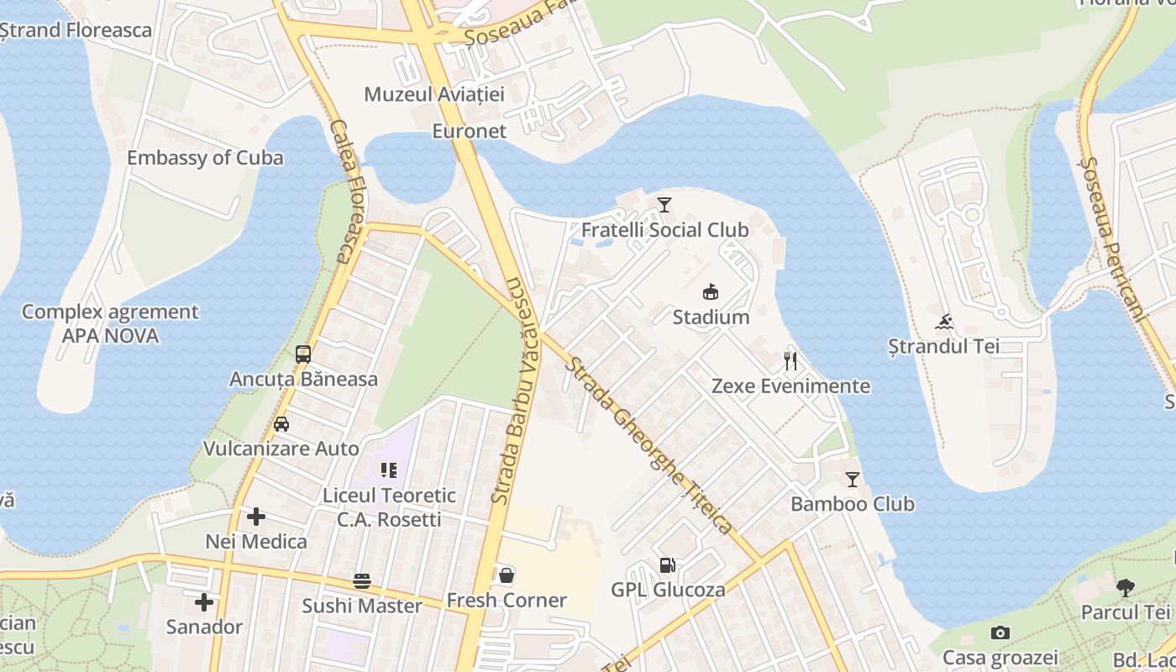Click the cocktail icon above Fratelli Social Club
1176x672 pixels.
coord(664,204)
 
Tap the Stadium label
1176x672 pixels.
coord(711,318)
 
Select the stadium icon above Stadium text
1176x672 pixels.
coord(711,292)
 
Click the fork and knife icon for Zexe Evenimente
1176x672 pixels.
coord(790,361)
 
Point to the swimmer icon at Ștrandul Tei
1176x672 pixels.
coord(944,322)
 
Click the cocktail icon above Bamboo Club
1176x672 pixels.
coord(853,480)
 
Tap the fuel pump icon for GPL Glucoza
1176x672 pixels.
coord(667,565)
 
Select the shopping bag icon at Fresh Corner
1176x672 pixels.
coord(507,575)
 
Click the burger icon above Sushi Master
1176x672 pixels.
coord(362,581)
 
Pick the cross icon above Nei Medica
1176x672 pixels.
coord(256,517)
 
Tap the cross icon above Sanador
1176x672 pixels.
coord(203,602)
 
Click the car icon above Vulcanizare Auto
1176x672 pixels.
coord(281,423)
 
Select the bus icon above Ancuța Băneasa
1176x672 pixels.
coord(303,354)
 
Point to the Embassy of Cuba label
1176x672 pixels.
coord(205,158)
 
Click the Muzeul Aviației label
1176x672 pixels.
coord(433,94)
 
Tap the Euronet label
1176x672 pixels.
coord(469,131)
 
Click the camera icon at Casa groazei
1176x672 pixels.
coord(1000,633)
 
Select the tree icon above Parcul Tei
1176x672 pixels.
coord(1125,587)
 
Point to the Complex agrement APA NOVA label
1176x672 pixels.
coord(110,323)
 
